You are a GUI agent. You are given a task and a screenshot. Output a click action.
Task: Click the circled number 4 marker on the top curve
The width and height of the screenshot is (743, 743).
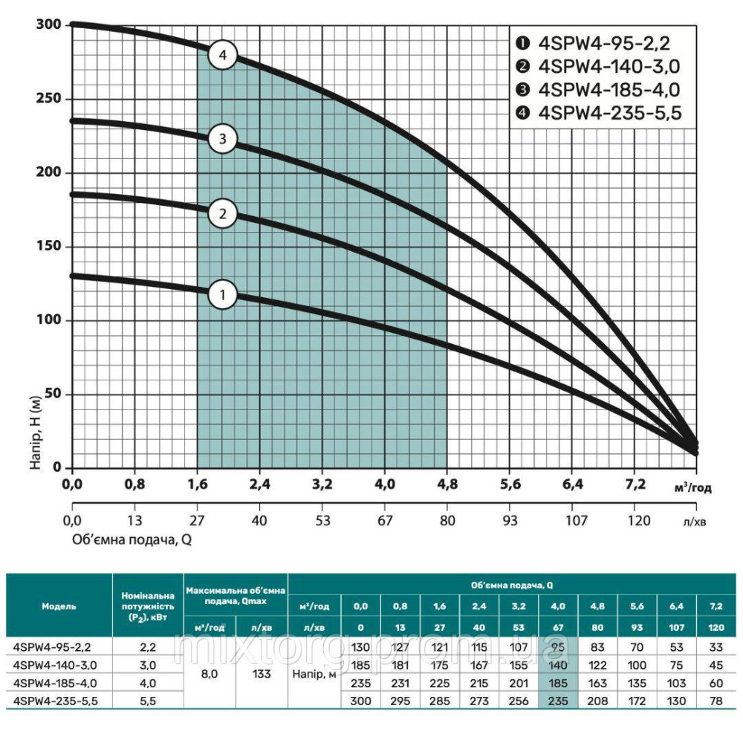point(222,55)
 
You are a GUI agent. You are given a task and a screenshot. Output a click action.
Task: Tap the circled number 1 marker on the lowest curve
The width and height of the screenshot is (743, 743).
point(222,295)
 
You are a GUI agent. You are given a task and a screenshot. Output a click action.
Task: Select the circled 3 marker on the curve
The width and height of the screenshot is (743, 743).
point(222,138)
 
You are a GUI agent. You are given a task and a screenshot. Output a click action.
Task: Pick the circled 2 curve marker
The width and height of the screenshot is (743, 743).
point(222,214)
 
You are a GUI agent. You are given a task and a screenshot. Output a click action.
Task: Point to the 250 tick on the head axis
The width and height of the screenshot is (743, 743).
point(51,99)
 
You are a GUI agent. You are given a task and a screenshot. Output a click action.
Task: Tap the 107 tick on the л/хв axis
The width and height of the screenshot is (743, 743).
point(572,519)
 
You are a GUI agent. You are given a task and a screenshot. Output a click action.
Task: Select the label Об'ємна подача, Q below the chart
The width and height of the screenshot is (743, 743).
point(132,539)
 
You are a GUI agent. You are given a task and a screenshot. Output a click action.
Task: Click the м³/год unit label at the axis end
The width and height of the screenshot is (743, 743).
point(692,487)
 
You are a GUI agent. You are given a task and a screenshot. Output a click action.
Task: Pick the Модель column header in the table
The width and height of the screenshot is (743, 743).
point(59,606)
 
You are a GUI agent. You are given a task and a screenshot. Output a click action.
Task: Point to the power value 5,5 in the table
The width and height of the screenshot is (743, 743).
point(147,700)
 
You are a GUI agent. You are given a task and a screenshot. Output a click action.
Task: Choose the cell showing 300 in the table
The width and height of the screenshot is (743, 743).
point(360,700)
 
